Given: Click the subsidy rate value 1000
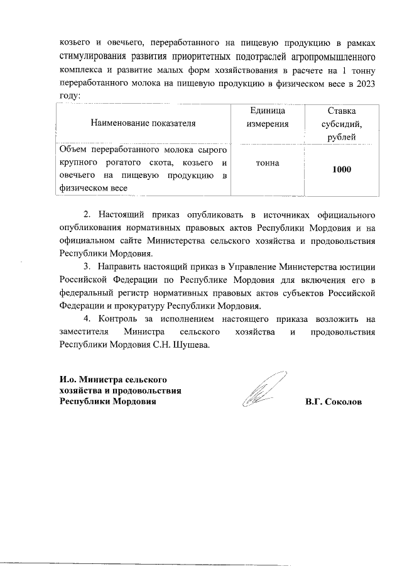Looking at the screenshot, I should coord(342,170).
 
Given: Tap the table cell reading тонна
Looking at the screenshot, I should coord(268,162).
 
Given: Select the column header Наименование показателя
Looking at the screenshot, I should coord(143,123).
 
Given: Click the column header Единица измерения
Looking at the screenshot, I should coord(268,117).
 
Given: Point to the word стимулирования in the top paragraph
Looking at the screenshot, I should coord(94,56).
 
